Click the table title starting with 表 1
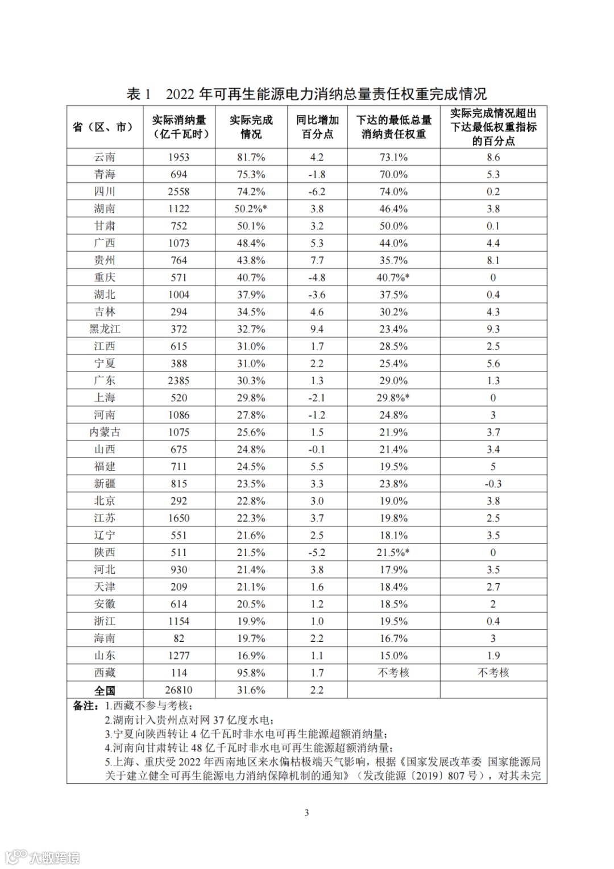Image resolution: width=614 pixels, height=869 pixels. [x=306, y=94]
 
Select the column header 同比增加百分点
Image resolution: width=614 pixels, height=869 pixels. [x=317, y=127]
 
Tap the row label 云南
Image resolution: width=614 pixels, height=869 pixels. [x=105, y=157]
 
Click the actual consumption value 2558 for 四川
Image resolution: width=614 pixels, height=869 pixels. [x=179, y=192]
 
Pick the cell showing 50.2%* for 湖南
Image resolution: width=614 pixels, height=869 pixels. [x=251, y=209]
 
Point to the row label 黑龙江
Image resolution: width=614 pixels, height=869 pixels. [x=105, y=329]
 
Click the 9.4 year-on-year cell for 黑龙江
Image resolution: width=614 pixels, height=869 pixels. [x=317, y=329]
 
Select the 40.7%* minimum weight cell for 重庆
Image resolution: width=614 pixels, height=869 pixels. [x=394, y=278]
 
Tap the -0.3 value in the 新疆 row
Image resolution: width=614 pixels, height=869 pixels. [x=493, y=484]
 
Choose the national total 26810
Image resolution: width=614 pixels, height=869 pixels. [x=179, y=690]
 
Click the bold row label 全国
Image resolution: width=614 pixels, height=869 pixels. [x=105, y=690]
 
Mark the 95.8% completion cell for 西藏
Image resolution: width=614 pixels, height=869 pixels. [x=251, y=673]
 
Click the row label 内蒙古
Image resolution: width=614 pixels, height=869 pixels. [x=105, y=432]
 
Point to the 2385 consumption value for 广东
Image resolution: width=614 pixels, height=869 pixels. [x=179, y=381]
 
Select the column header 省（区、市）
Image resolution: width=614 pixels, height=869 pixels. [x=105, y=127]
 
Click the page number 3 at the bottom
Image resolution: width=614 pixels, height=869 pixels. [x=307, y=813]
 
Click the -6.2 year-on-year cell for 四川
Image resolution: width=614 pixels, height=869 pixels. [x=317, y=192]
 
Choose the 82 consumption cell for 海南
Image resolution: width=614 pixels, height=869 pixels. [x=179, y=639]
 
